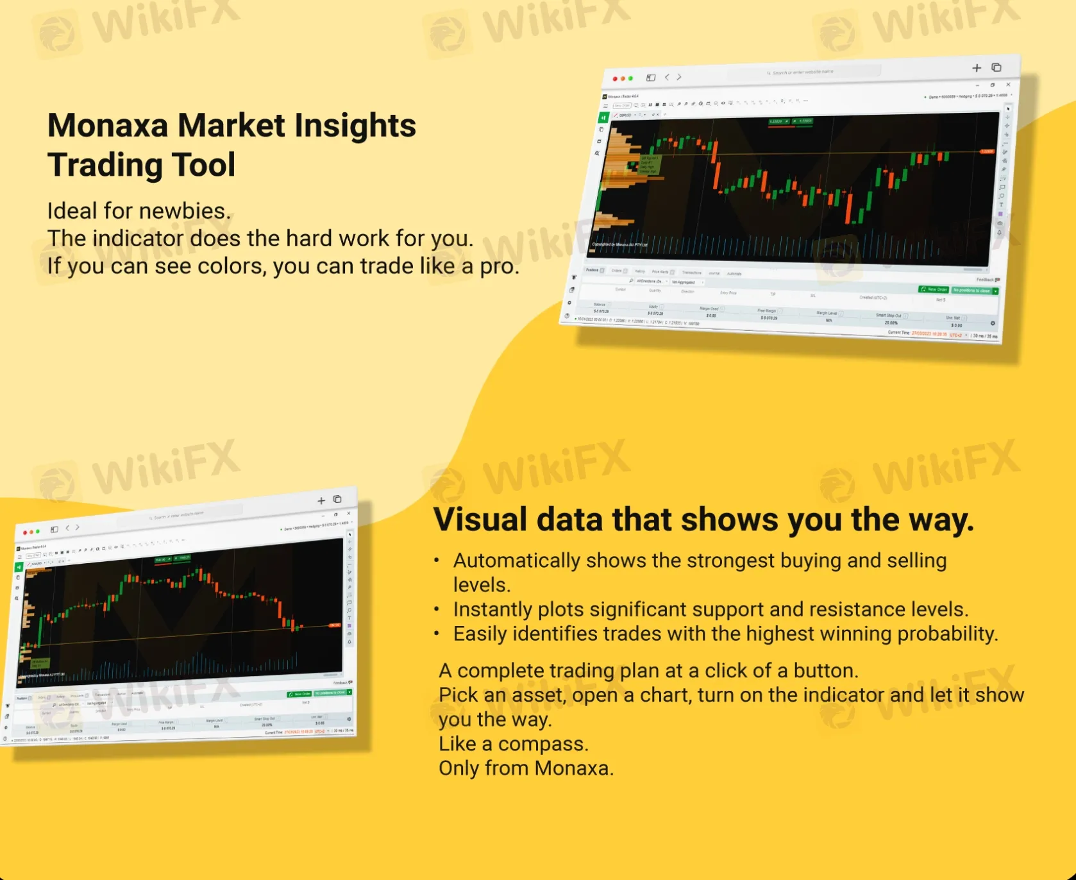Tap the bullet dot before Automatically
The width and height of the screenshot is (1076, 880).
point(437,561)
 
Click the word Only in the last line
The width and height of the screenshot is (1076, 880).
point(459,768)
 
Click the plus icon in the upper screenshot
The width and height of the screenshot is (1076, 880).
point(977,68)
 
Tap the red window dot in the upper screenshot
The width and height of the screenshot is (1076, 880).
point(615,79)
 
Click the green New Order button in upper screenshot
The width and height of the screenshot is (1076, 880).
point(934,289)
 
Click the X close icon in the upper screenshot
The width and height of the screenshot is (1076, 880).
point(1008,85)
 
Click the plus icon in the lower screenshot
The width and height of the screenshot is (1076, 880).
point(321,501)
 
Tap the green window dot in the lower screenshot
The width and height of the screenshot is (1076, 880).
point(38,531)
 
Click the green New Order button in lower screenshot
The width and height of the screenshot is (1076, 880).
point(299,694)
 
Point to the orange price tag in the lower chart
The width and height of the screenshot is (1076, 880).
point(335,625)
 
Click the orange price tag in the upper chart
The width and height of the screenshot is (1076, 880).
point(986,152)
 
